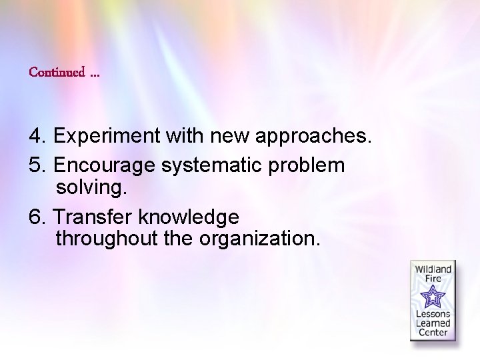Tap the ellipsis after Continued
click(x=94, y=73)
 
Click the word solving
click(x=91, y=189)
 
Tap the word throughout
click(x=106, y=238)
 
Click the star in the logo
click(x=433, y=295)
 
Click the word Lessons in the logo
click(x=433, y=314)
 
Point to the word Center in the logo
click(x=433, y=333)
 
